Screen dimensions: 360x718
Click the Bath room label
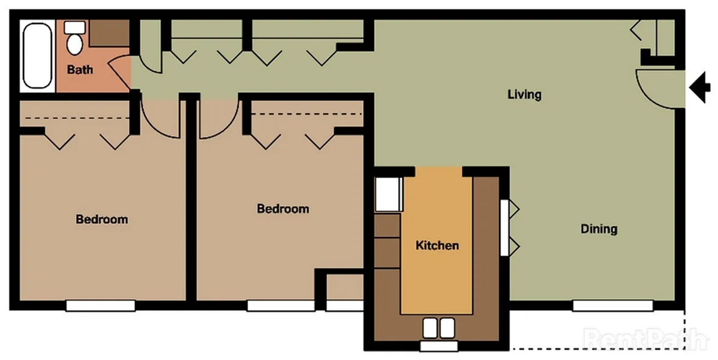click(80, 70)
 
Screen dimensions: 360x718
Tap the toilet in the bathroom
click(75, 39)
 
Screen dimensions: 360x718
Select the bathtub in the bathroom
click(37, 56)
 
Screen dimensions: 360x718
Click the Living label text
click(524, 94)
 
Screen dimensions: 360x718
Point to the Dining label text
click(599, 229)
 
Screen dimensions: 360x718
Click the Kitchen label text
click(437, 245)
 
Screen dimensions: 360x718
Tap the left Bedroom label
click(101, 219)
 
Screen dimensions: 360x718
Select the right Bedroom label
click(283, 209)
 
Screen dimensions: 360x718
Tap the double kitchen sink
click(438, 328)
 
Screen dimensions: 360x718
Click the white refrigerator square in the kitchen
click(387, 194)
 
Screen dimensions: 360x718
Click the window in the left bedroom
click(100, 305)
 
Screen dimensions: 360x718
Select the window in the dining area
click(612, 305)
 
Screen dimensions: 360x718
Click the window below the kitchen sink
click(438, 346)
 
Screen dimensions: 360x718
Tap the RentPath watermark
click(645, 339)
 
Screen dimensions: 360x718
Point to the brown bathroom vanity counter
click(110, 34)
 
